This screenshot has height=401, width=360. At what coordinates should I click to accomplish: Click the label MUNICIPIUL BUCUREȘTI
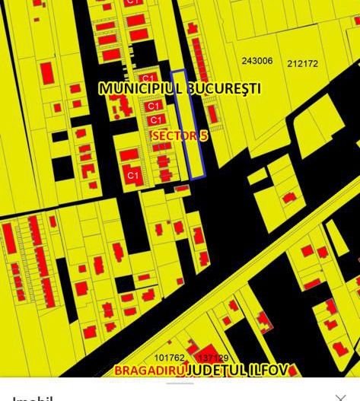(x=180, y=88)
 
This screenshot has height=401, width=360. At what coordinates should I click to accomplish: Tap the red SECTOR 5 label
(x=180, y=135)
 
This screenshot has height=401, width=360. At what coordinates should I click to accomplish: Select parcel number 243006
(x=256, y=61)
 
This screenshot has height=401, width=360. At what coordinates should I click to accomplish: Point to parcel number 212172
(x=303, y=64)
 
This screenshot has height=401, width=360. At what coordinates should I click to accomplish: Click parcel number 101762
(x=169, y=358)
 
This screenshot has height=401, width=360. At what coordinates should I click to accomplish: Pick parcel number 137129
(x=212, y=358)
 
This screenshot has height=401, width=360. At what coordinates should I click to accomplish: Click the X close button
(x=340, y=397)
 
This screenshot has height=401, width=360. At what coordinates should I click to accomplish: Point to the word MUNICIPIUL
(x=141, y=88)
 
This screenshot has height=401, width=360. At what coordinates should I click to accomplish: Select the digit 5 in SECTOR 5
(x=204, y=135)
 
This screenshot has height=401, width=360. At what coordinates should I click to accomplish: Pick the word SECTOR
(x=174, y=135)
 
